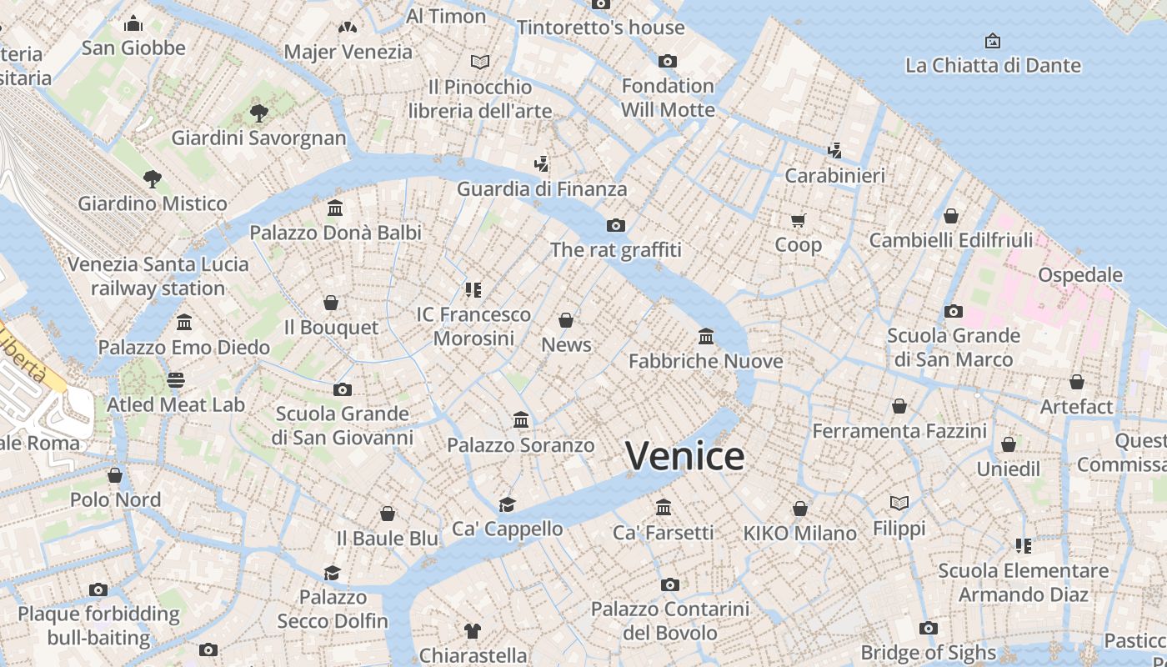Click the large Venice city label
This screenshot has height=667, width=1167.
pos(684,456)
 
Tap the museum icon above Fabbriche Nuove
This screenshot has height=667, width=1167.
pos(706,336)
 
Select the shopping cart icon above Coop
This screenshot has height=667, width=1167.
pos(799,220)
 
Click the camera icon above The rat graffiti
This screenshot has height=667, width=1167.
pos(616,225)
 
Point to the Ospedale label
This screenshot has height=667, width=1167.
pos(1079,275)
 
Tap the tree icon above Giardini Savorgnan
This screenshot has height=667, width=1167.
pos(258,113)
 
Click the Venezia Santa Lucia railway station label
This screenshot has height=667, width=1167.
pos(158,276)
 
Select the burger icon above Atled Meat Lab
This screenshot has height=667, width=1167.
pos(175,380)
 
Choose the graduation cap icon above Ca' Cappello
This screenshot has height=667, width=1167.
pos(507,504)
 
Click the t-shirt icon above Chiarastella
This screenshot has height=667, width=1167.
pos(473,630)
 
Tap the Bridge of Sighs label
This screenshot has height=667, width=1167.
pos(928,652)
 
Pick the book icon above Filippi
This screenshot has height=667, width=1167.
pos(899,503)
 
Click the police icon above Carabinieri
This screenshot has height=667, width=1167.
pos(834,150)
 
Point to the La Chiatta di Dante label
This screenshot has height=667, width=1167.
pos(992,65)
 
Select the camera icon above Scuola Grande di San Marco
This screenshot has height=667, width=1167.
pos(954,311)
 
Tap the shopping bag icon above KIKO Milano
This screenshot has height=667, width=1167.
pos(800,508)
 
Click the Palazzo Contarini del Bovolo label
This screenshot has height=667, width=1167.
pos(669,621)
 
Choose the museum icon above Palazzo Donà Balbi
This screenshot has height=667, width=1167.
pos(335,208)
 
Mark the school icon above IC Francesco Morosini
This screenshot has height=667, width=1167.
pos(473,289)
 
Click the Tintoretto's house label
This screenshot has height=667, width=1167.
pos(600,28)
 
